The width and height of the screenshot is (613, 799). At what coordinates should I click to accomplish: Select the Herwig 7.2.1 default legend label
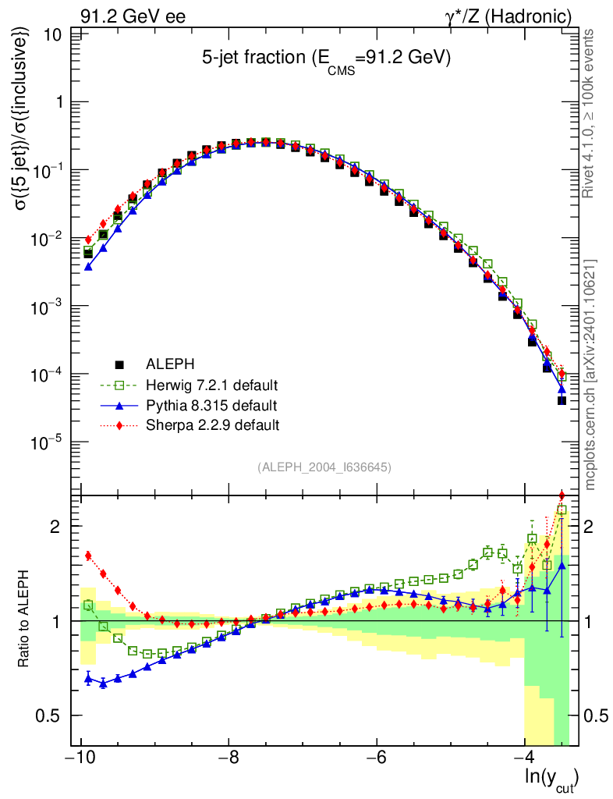pos(212,385)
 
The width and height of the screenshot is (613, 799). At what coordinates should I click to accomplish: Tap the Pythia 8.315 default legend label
pos(211,406)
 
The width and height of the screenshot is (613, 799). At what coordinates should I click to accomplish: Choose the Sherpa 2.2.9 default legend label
pos(212,425)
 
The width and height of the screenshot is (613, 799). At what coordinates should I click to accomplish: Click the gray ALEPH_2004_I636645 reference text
pos(324,467)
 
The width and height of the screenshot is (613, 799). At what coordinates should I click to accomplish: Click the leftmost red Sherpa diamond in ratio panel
pos(88,556)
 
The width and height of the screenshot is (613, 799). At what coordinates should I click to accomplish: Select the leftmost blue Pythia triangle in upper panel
pos(88,266)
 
